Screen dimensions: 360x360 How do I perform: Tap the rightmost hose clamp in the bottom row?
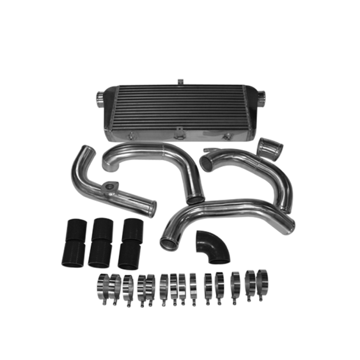point(263,280)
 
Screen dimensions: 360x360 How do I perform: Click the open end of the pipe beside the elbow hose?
point(168,242)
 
